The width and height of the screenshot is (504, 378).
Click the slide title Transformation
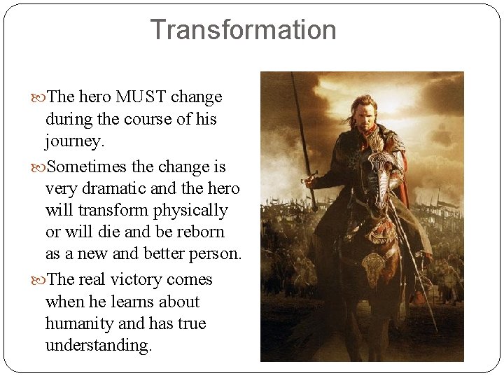243,30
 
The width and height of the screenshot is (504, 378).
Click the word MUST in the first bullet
141,97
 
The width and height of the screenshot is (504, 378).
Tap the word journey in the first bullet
73,141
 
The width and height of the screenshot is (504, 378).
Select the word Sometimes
88,167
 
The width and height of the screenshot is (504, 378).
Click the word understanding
97,345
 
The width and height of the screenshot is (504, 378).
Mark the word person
215,253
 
